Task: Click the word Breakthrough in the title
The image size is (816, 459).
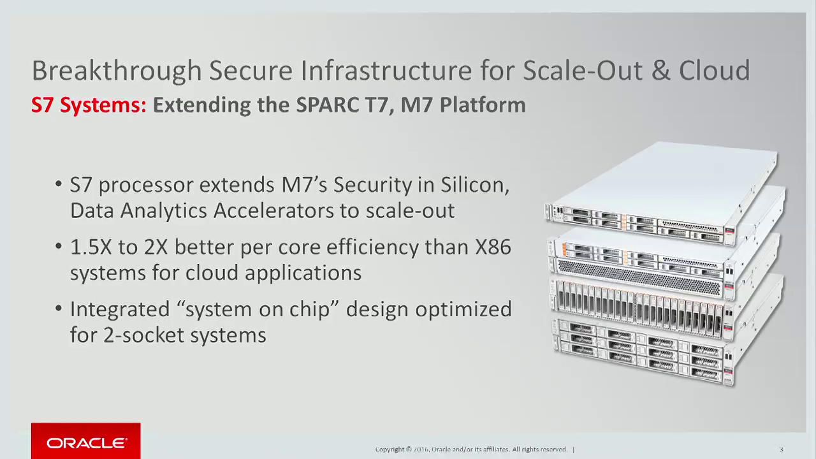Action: coord(117,71)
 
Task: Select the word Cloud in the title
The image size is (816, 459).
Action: coord(714,70)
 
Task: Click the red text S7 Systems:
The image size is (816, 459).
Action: coord(89,105)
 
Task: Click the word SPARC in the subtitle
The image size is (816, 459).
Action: coord(328,105)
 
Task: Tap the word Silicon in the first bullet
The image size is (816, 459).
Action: coord(475,185)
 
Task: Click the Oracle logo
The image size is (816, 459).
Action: coord(86,441)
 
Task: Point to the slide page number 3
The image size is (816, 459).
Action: coord(782,449)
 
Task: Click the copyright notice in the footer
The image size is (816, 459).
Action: coord(471,449)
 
